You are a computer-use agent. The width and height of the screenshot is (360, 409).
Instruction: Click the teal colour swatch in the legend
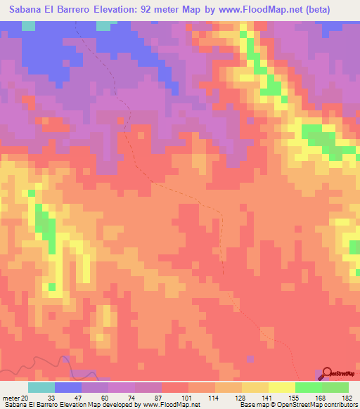coord(41,387)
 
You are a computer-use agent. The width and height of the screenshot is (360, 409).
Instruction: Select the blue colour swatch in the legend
coord(68,387)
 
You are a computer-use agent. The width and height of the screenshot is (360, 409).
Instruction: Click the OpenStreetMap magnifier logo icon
coord(327,373)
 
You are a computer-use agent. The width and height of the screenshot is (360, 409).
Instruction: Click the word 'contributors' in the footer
coord(341,405)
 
